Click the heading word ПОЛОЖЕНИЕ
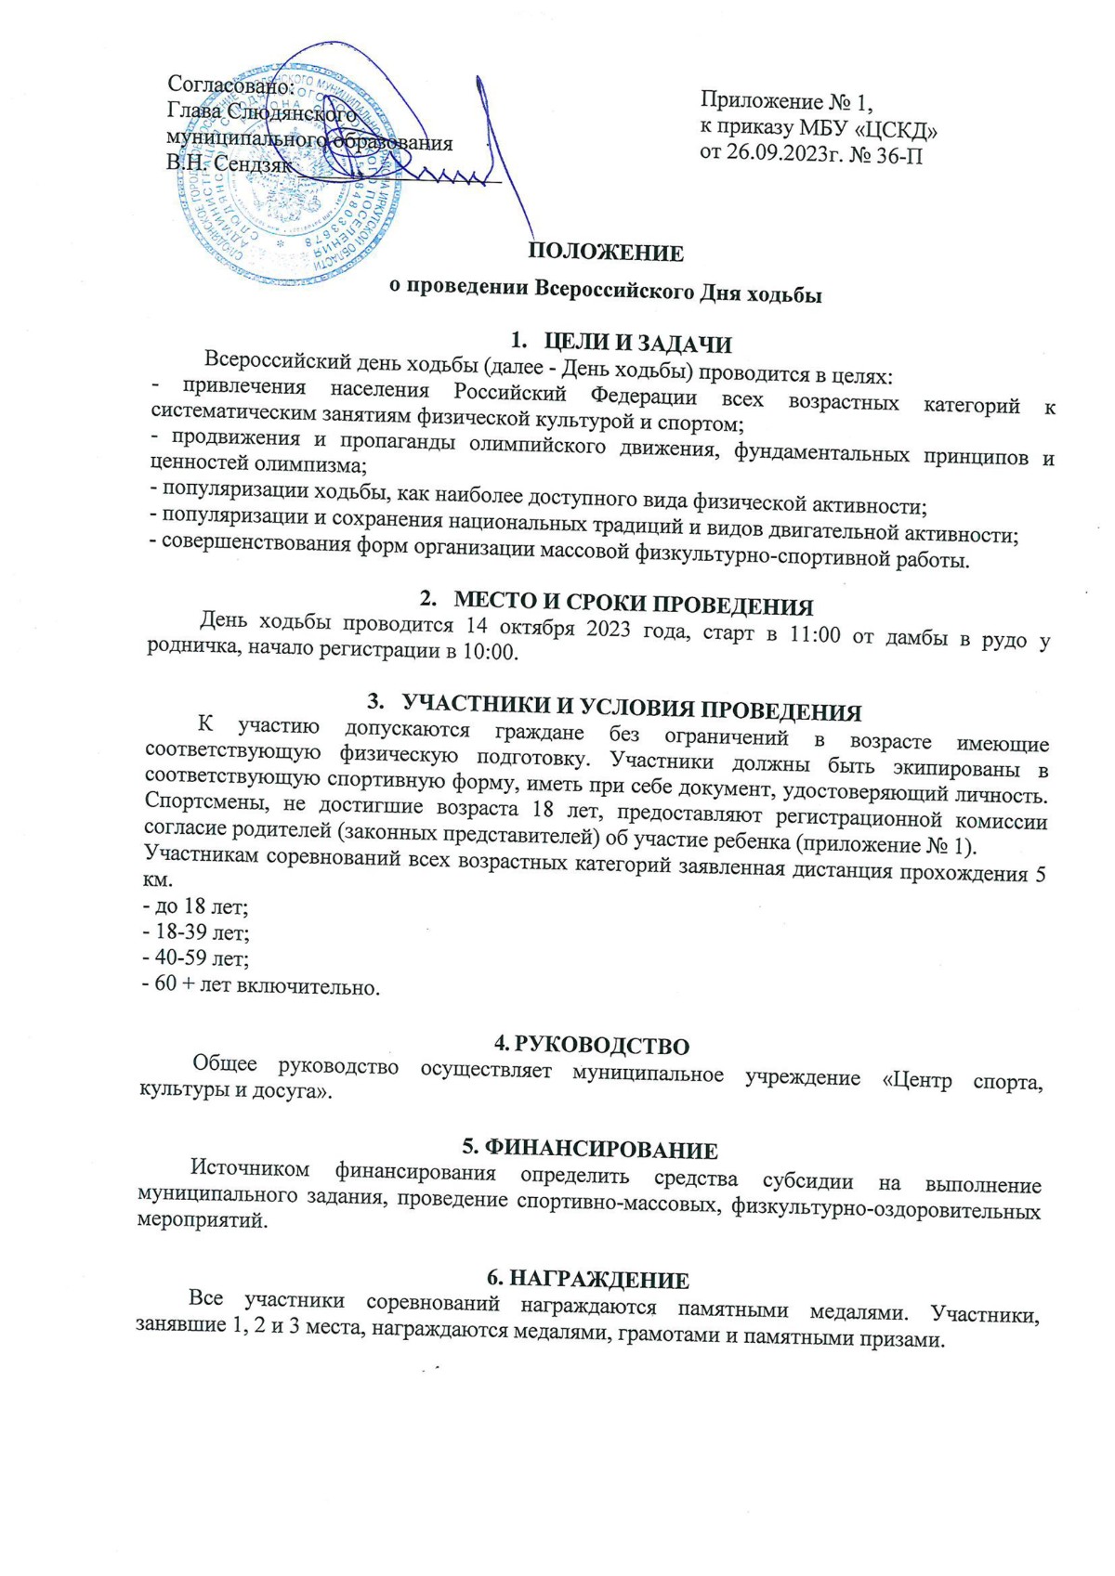click(x=606, y=253)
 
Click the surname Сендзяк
click(x=253, y=164)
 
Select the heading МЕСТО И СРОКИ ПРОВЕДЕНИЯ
click(x=633, y=606)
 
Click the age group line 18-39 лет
click(x=196, y=931)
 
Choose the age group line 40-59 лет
click(x=196, y=957)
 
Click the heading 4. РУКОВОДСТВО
click(x=591, y=1046)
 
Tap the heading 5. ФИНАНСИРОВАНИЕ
click(x=590, y=1150)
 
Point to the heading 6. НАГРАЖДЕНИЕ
click(x=588, y=1281)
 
